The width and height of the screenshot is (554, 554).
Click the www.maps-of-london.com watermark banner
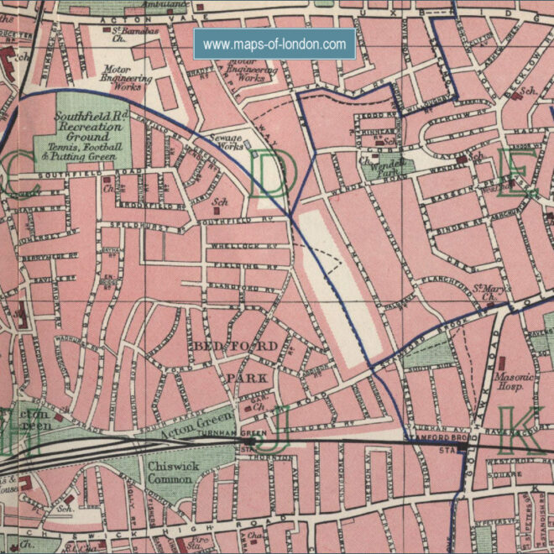tap(274, 44)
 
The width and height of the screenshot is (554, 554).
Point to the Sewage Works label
tap(226, 140)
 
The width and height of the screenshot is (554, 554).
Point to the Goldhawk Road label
tap(485, 369)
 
